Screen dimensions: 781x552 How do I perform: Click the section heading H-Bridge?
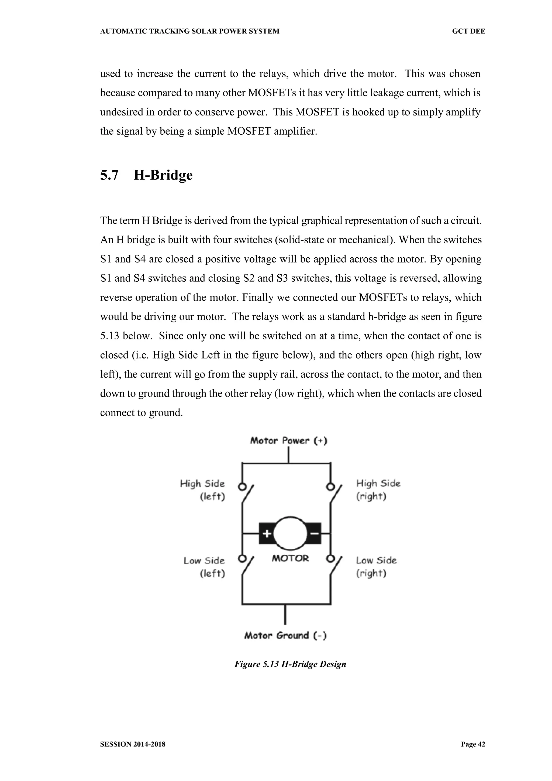click(163, 175)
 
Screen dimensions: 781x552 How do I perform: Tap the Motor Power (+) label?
click(289, 441)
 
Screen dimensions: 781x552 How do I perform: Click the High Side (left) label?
click(203, 490)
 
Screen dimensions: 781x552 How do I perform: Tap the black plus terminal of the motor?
click(267, 533)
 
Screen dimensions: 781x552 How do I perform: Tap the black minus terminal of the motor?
click(315, 533)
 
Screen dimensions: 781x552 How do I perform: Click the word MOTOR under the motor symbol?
click(290, 558)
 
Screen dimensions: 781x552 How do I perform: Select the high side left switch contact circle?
click(242, 487)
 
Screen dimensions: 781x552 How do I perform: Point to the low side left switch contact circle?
click(242, 558)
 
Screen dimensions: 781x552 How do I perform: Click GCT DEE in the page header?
click(468, 32)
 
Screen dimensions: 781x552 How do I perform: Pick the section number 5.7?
click(109, 175)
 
